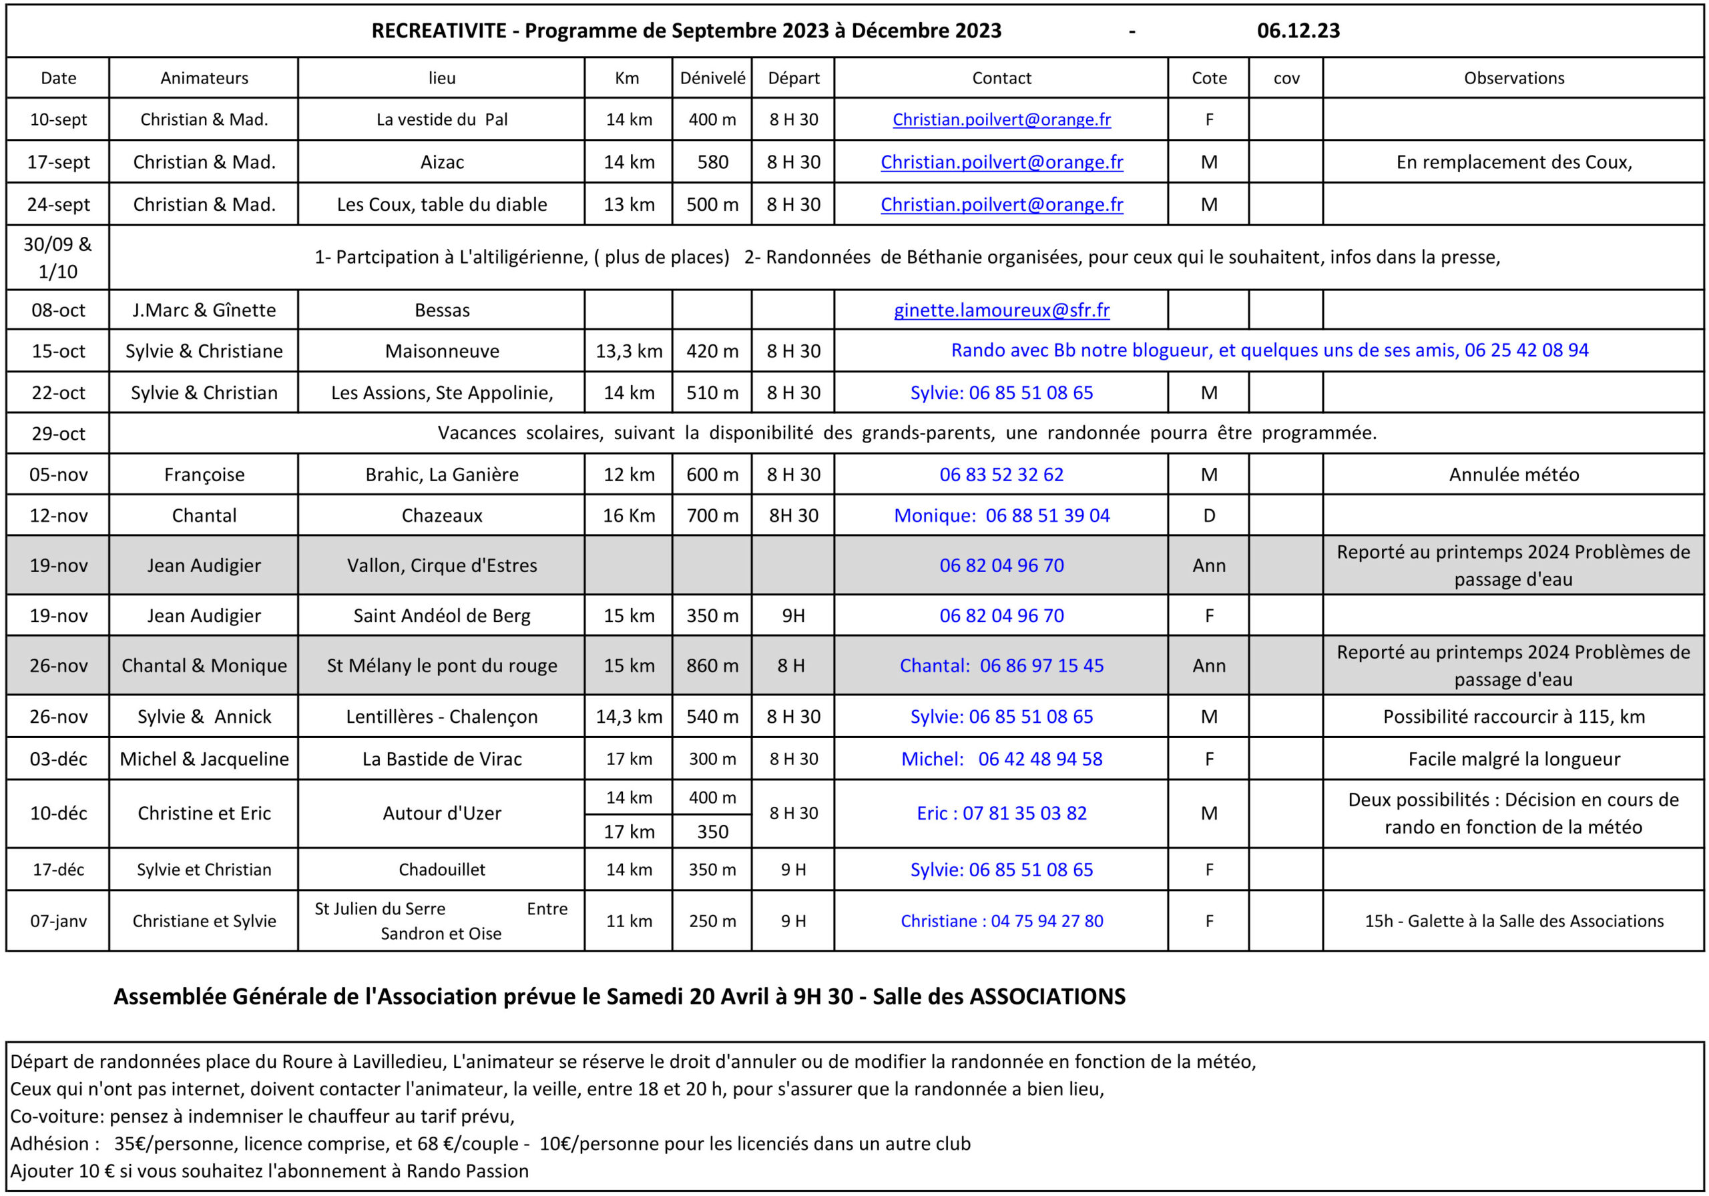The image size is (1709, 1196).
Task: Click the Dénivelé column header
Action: click(x=712, y=78)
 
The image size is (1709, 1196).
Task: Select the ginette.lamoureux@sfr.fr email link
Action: click(x=1001, y=310)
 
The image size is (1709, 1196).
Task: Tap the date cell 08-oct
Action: click(x=58, y=310)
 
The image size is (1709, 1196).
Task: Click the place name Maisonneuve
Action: click(x=441, y=351)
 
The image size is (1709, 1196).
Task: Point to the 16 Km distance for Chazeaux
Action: click(x=629, y=516)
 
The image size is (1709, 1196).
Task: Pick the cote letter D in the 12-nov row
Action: click(x=1209, y=516)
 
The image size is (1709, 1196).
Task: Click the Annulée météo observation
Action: click(x=1513, y=475)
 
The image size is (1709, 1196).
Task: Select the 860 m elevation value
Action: click(x=712, y=666)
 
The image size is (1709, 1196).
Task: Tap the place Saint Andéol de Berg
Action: click(x=441, y=616)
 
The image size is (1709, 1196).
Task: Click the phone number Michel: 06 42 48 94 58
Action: click(x=1001, y=759)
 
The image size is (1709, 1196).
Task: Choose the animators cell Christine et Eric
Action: click(x=204, y=814)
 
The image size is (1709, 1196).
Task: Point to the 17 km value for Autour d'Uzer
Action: click(x=629, y=832)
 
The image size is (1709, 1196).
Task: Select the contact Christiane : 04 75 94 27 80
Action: click(x=1001, y=922)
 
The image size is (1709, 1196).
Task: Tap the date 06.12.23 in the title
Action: click(x=1298, y=31)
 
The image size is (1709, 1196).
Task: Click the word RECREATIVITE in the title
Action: click(x=439, y=31)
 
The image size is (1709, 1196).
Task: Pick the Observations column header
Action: click(x=1513, y=78)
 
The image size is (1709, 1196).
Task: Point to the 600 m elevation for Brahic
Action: click(x=712, y=475)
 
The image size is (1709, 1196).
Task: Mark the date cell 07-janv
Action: click(x=58, y=922)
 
